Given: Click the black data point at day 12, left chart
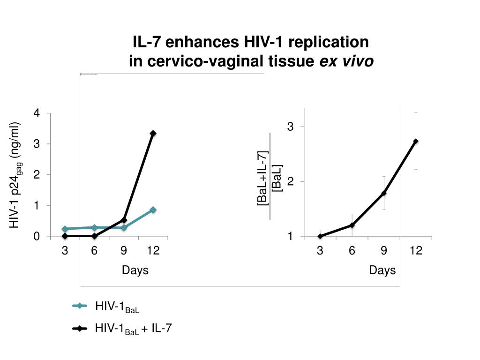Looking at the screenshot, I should pos(153,134).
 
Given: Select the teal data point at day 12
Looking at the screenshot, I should pos(153,210).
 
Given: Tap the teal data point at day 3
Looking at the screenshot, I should pos(65,229).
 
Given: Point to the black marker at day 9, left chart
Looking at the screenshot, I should pos(124,220).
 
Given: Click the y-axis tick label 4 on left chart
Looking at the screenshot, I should pos(36,113).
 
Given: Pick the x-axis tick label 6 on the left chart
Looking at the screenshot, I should pos(94,251).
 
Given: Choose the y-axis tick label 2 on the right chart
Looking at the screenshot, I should pos(290,181).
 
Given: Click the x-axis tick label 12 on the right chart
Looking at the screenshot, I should pos(416,251).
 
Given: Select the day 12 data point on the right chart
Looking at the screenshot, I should pos(416,141).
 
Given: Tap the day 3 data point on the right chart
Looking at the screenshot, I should pos(320,236).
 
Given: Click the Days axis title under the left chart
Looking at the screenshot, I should pos(135,270).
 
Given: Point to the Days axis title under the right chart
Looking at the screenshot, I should pos(382,270).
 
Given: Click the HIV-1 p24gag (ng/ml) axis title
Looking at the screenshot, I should pos(16,175).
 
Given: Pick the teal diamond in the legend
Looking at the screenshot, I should pos(80,307).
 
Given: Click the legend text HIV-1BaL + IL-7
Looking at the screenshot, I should pos(134,329).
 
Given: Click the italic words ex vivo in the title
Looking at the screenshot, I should pos(347,61).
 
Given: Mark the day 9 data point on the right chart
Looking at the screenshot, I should pos(384,193).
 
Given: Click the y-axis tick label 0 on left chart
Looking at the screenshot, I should pos(36,237).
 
